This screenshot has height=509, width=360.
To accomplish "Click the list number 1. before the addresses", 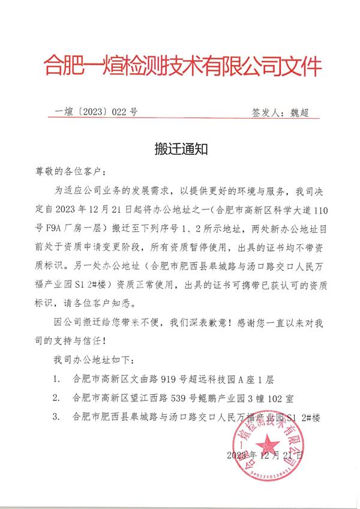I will click(x=56, y=380).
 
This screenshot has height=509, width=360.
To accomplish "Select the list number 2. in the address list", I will click(x=56, y=398).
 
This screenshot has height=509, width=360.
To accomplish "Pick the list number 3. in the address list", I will click(x=56, y=416).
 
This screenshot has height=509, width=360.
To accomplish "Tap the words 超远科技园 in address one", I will click(x=209, y=380).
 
